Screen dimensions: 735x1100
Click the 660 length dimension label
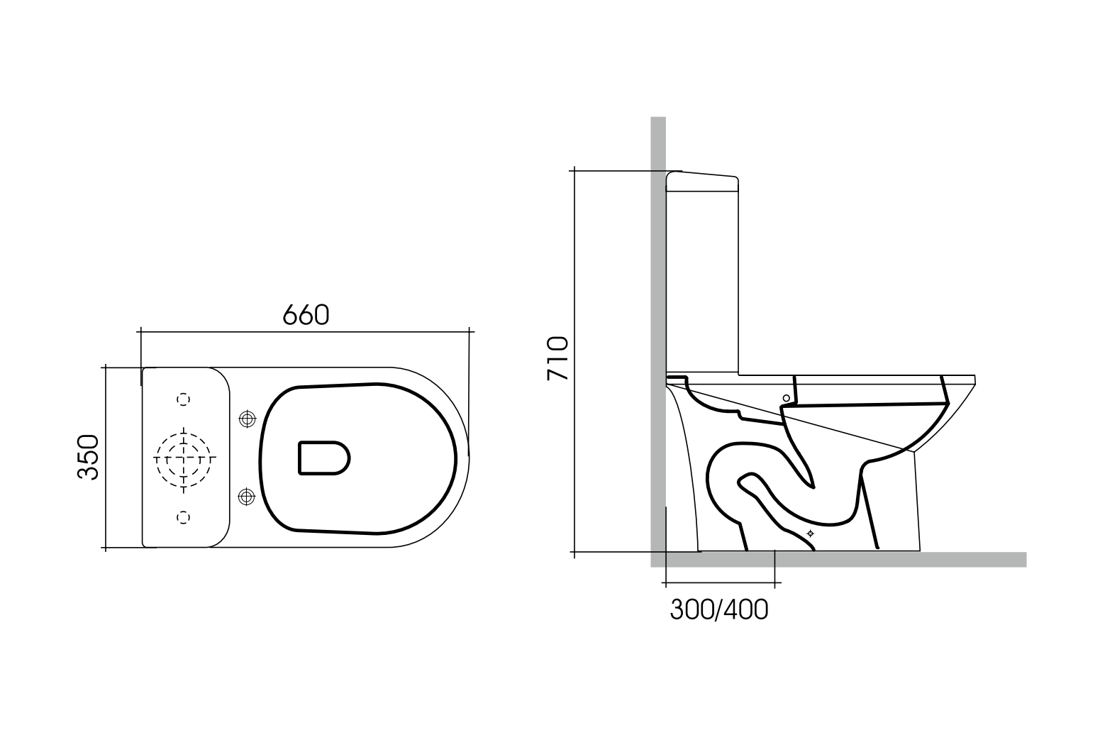pyautogui.click(x=306, y=314)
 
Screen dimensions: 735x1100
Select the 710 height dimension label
pyautogui.click(x=557, y=358)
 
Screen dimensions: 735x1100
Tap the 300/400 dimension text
pyautogui.click(x=718, y=609)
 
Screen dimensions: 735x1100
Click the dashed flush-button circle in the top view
pyautogui.click(x=184, y=458)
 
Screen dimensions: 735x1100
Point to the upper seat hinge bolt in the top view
pyautogui.click(x=247, y=419)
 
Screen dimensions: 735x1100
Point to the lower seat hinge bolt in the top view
pyautogui.click(x=247, y=497)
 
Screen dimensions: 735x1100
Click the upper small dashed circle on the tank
pyautogui.click(x=184, y=399)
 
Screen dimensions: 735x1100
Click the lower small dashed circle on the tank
pyautogui.click(x=184, y=516)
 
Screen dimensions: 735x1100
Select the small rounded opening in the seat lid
pyautogui.click(x=323, y=458)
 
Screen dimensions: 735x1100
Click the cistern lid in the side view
pyautogui.click(x=702, y=182)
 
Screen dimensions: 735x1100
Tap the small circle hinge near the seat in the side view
pyautogui.click(x=786, y=398)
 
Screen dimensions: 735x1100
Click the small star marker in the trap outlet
pyautogui.click(x=811, y=533)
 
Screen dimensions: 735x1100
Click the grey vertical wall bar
pyautogui.click(x=658, y=284)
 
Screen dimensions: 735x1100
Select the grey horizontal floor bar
pyautogui.click(x=851, y=559)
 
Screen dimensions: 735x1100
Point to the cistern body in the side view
pyautogui.click(x=702, y=284)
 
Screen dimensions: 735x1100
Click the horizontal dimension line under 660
pyautogui.click(x=306, y=331)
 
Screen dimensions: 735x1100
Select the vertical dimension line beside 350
pyautogui.click(x=106, y=458)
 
